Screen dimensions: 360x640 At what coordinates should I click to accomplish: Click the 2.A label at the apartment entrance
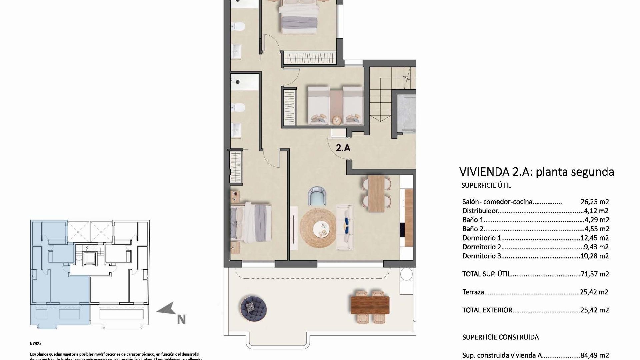343,148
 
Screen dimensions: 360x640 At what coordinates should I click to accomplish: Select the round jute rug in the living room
318,228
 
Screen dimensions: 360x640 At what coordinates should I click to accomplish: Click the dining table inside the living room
376,194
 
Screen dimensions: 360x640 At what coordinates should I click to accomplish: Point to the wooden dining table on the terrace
370,305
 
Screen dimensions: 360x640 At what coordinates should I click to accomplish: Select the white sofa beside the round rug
345,227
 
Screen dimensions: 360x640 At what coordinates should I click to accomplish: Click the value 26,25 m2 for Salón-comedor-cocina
595,202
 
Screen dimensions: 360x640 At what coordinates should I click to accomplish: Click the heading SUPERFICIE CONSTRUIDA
500,337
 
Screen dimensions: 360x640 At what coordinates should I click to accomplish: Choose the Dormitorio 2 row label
482,247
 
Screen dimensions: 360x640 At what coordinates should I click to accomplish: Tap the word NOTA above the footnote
35,344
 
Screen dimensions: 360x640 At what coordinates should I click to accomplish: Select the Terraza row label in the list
473,292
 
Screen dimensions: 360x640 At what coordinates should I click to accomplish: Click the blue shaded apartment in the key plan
60,283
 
